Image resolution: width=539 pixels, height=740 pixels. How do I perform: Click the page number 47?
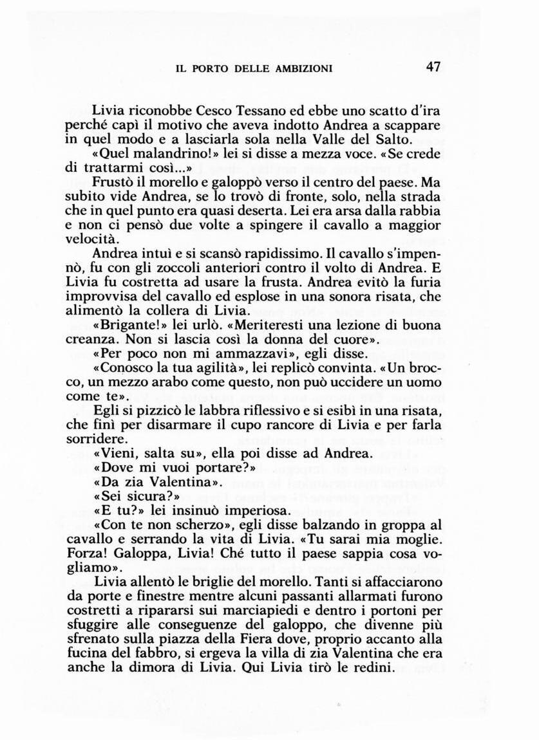click(x=433, y=68)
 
